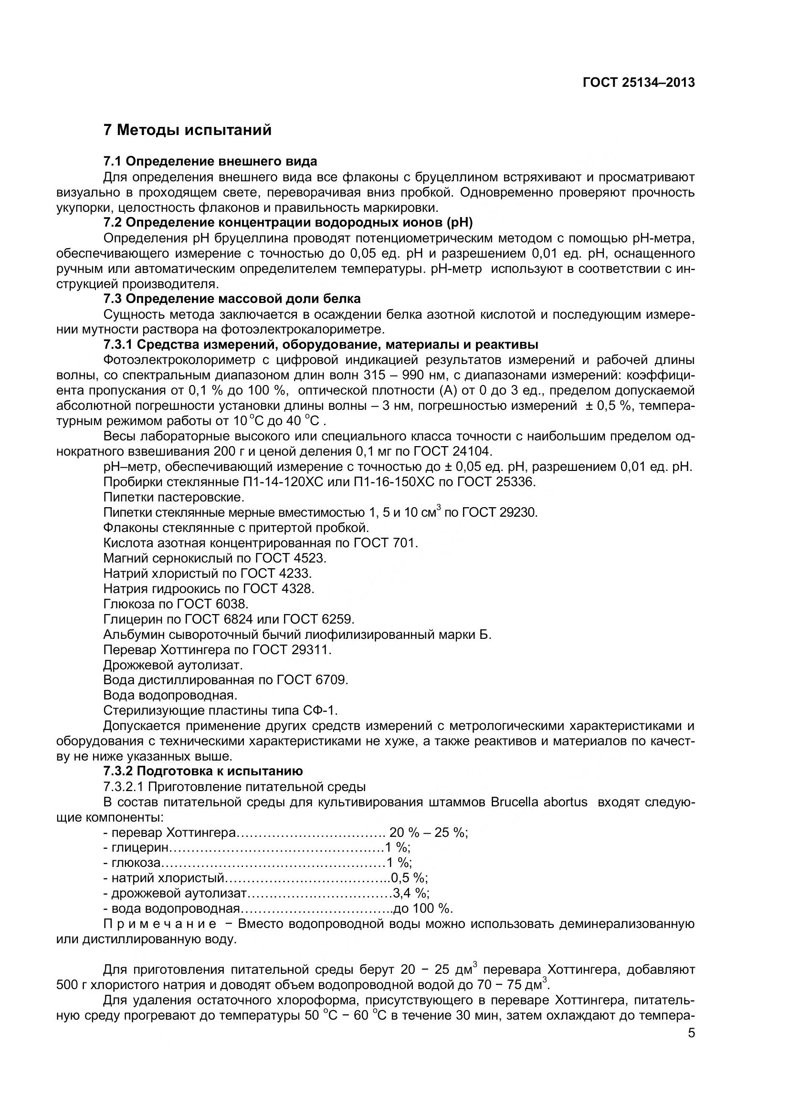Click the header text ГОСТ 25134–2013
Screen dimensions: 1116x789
click(x=638, y=83)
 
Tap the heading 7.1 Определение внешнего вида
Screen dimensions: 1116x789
click(x=210, y=161)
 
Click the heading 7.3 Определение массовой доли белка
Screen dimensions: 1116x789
click(x=232, y=298)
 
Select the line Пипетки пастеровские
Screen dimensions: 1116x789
click(x=174, y=497)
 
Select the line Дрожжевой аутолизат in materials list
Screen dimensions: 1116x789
click(x=173, y=665)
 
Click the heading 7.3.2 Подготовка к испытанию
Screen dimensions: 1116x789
click(x=203, y=772)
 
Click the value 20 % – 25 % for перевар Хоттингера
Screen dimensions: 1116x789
click(x=428, y=833)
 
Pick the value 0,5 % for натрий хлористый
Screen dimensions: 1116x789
click(x=409, y=878)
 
